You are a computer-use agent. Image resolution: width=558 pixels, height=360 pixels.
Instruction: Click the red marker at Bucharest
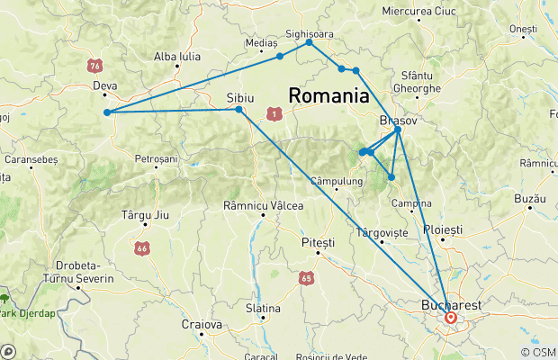coord(449,318)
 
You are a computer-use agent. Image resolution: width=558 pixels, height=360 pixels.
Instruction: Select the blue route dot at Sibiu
coord(238,110)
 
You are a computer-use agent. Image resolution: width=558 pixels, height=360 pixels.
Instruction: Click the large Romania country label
coord(328,95)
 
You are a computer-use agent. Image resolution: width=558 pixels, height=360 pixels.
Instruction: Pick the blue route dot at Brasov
coord(398,130)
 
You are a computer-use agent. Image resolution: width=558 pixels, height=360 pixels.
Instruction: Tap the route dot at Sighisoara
coord(309,42)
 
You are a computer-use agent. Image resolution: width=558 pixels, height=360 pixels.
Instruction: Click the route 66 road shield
coord(141,247)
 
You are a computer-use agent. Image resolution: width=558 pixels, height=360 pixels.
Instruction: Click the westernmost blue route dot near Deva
coord(107,112)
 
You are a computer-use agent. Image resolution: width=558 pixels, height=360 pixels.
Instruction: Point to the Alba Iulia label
coord(177,56)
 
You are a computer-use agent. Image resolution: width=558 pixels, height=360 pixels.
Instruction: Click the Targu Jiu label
coord(144,216)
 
